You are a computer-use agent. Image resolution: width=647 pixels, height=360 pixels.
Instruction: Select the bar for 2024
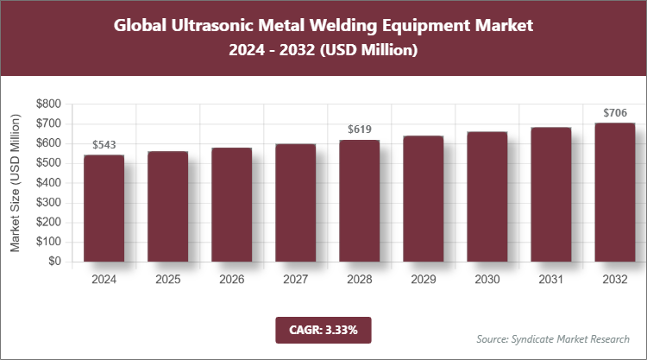(104, 208)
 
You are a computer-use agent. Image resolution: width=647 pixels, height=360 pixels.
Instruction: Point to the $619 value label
(359, 129)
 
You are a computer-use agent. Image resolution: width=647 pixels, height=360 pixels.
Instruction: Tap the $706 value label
(614, 112)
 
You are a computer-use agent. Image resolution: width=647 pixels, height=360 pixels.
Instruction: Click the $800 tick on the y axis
(48, 104)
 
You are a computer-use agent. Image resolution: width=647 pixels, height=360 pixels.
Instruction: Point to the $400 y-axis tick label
(48, 183)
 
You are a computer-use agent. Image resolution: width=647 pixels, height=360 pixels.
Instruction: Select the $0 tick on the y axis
(53, 262)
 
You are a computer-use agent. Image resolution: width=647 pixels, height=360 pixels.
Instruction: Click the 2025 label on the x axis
(167, 280)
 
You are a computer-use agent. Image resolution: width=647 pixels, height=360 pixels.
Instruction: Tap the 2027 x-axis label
(295, 280)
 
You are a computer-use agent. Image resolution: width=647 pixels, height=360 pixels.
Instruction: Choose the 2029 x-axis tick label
(423, 280)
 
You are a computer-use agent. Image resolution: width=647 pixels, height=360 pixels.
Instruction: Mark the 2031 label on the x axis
(550, 280)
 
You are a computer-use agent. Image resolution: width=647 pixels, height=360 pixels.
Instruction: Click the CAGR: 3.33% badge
(323, 330)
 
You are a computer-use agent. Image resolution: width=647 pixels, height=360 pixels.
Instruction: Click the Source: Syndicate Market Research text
(552, 338)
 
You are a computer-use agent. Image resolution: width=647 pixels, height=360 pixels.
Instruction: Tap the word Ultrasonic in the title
(214, 26)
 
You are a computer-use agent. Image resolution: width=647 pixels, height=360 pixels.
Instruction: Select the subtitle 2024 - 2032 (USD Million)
(323, 51)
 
